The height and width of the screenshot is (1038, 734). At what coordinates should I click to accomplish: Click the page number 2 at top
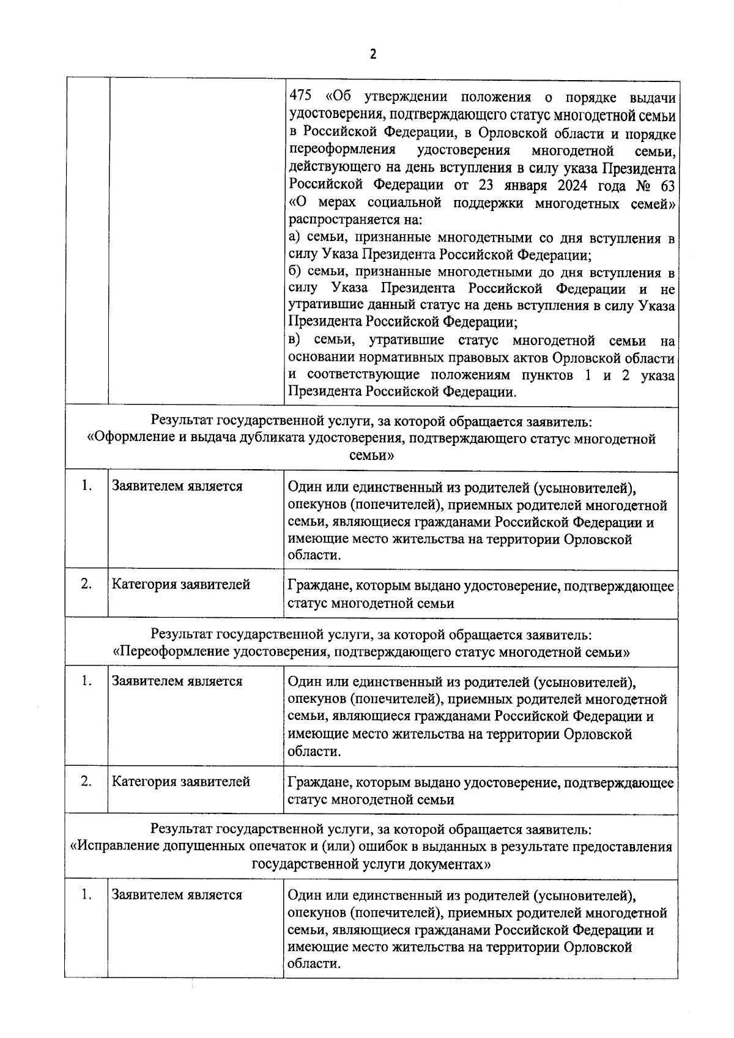[x=373, y=54]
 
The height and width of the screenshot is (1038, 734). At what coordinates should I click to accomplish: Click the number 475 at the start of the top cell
[x=300, y=97]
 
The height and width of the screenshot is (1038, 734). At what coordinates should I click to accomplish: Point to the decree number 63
[x=667, y=186]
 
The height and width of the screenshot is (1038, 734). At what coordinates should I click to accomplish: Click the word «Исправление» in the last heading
[x=111, y=847]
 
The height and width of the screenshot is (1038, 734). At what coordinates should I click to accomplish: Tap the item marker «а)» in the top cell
[x=295, y=238]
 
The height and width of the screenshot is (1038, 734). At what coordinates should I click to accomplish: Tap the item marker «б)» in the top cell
[x=295, y=272]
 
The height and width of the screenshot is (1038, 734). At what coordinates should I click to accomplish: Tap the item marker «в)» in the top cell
[x=295, y=341]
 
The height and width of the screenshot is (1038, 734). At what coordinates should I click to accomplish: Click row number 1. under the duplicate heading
[x=86, y=486]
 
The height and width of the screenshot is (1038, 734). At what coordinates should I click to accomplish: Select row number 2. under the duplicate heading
[x=86, y=584]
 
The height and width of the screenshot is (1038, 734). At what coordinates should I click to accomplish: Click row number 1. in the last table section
[x=86, y=895]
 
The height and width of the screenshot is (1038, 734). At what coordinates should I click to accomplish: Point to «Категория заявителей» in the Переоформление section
[x=180, y=782]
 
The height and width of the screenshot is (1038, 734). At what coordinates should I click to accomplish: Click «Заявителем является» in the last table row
[x=177, y=895]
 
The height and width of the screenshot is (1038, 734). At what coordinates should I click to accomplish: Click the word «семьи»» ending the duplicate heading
[x=371, y=456]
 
